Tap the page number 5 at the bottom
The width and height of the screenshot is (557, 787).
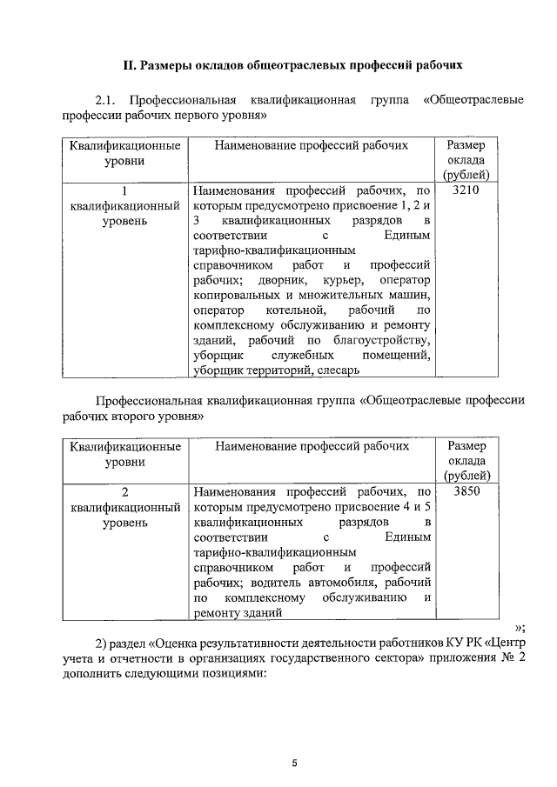click(294, 763)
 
